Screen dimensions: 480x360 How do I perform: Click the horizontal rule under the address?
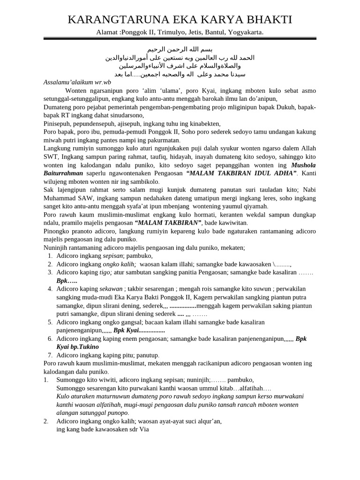180,38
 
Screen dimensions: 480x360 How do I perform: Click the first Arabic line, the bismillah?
180,49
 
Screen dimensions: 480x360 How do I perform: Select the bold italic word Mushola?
303,165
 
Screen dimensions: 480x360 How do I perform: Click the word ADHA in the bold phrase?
282,173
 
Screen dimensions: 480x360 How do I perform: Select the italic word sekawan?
111,289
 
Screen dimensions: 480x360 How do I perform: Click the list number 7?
50,355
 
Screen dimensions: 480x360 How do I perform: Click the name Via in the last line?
143,429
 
